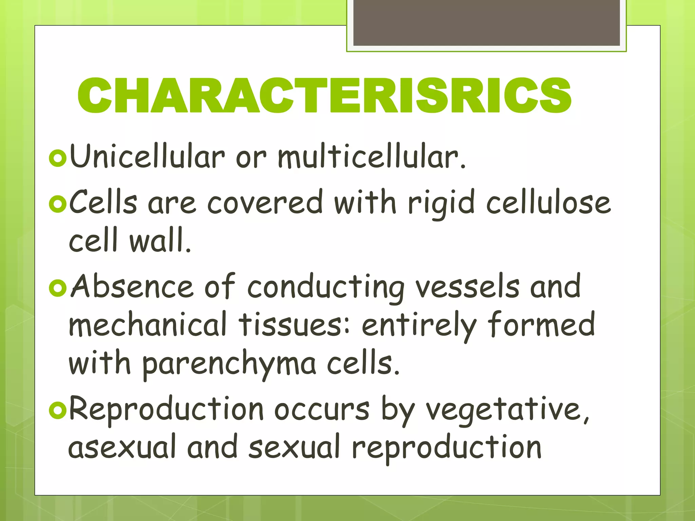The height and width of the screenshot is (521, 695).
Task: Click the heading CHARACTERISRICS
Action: [x=324, y=96]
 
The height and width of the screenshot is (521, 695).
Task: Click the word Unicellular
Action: [x=147, y=156]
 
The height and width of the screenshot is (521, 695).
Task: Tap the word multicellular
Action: [x=372, y=156]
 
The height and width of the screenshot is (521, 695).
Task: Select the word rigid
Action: [x=441, y=203]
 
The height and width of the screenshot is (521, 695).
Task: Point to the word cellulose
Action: [x=548, y=203]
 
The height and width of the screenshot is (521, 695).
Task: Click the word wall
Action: [x=160, y=240]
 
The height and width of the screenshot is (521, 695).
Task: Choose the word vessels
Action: [x=467, y=287]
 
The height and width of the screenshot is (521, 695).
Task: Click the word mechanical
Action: [x=148, y=325]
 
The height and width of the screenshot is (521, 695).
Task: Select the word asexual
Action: [x=122, y=447]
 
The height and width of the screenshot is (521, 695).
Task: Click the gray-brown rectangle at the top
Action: [x=486, y=22]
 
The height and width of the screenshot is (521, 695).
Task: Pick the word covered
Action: [x=265, y=203]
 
